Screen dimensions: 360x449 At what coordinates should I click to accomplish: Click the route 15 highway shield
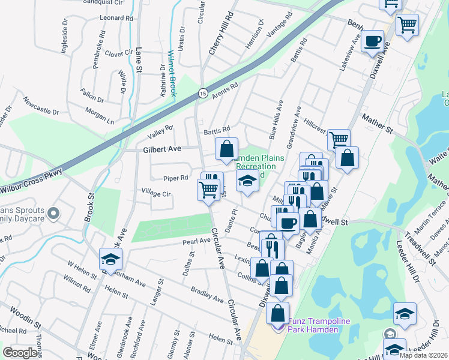pos(203,93)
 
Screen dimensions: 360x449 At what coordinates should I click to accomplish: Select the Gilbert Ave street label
pos(161,148)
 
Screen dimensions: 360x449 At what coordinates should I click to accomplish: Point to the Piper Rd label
pos(176,178)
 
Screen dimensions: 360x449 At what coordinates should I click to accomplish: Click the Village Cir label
pos(156,194)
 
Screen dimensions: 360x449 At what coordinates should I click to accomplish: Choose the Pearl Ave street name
pos(196,241)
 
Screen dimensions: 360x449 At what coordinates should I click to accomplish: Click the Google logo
pos(20,352)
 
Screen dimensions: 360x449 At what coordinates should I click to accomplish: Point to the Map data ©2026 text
pos(423,355)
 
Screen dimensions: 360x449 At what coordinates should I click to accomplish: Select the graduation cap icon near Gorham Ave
pos(111,259)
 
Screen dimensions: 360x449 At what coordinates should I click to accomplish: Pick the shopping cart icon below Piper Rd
pos(208,190)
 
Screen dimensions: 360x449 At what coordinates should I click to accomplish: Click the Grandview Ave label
pos(294,127)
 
